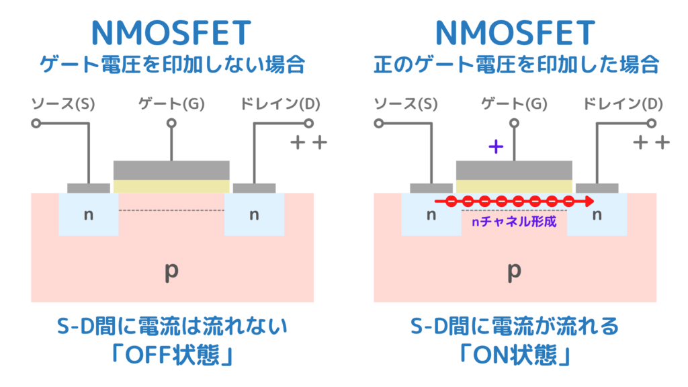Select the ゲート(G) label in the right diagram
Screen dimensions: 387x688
coord(514,104)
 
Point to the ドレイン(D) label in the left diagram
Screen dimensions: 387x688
coord(280,104)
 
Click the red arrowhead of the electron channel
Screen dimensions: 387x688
coord(589,201)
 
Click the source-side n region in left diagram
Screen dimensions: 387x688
coord(87,215)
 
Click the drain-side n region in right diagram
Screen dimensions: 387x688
coord(597,215)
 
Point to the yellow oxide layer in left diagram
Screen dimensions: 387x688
coord(171,186)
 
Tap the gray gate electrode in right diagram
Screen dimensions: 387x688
coord(514,169)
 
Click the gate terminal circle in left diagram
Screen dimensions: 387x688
coord(171,124)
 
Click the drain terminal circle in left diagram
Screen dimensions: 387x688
coord(309,124)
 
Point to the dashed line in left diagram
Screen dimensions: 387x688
coord(171,210)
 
